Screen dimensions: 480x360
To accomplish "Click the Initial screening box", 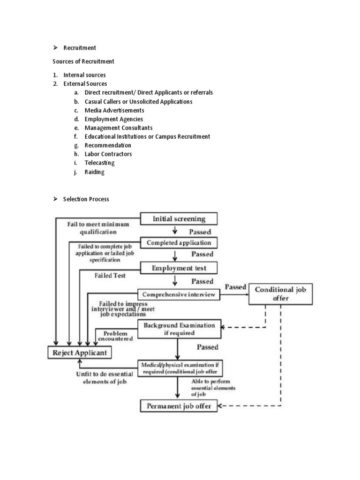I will (179, 218).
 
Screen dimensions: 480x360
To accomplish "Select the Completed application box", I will (179, 243).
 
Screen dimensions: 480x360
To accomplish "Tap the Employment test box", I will (179, 268).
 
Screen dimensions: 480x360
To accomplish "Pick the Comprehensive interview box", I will (179, 294).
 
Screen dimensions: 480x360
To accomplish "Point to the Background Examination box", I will (180, 329).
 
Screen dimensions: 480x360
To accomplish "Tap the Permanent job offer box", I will (180, 406).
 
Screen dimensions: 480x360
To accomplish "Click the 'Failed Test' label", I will (110, 276).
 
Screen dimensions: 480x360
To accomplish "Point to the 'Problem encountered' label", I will (115, 335).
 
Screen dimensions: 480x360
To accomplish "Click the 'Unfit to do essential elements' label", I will (104, 378).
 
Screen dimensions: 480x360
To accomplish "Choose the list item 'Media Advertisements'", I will (114, 110).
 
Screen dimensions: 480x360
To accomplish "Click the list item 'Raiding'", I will (95, 172).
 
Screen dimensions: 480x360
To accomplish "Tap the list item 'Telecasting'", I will (99, 163).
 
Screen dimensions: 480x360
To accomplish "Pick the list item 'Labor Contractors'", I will (108, 154).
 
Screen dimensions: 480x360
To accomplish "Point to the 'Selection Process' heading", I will (86, 199).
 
